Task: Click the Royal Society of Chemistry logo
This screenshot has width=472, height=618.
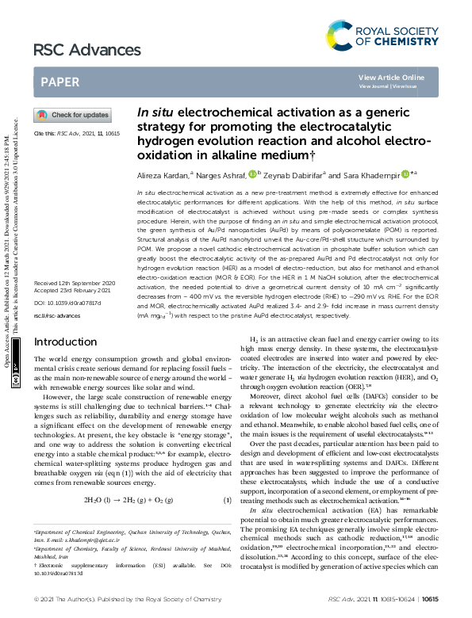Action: [x=382, y=32]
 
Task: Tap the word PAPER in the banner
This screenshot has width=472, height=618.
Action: [x=59, y=82]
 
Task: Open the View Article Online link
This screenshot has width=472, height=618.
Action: [x=391, y=77]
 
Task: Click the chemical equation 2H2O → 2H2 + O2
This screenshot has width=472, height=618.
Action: [x=128, y=500]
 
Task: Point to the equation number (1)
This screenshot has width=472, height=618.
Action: [x=227, y=500]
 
